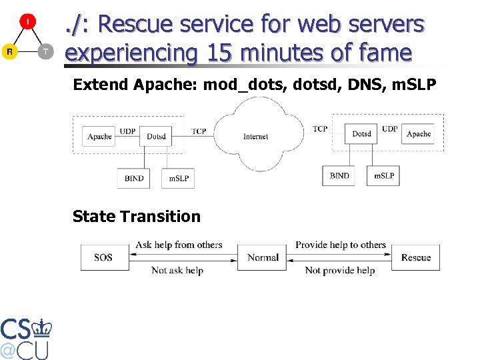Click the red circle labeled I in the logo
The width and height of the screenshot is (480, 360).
pos(27,22)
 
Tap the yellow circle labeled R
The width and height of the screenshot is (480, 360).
pos(9,51)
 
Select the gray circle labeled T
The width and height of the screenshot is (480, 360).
pos(45,51)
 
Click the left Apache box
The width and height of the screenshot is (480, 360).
pos(99,136)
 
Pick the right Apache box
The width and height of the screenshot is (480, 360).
pos(419,134)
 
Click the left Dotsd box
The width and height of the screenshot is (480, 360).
pos(156,136)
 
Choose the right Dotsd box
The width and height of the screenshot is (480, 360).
pos(362,134)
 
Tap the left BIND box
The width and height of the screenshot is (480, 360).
pos(134,178)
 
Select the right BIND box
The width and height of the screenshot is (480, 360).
pos(339,175)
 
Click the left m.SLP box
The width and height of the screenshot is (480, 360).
pos(178,178)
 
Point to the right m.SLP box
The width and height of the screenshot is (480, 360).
pos(383,175)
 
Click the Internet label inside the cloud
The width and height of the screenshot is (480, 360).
pos(256,137)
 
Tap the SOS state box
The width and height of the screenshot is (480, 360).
pos(103,257)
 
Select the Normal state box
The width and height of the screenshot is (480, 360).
pos(263,257)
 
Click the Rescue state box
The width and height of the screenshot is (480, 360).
pos(416,257)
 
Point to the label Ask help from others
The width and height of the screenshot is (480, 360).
pos(179,245)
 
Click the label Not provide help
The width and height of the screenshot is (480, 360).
pos(339,270)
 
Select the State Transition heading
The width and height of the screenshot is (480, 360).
pos(136,216)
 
